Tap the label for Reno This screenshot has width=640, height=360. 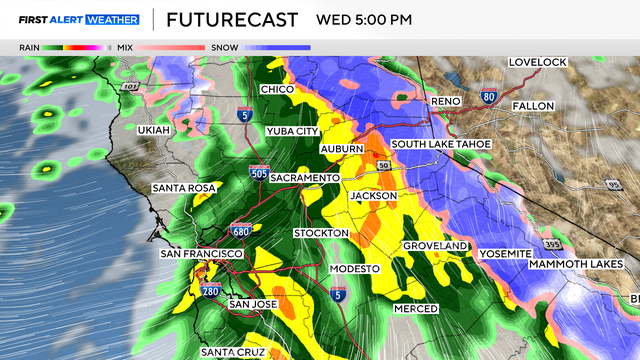(445, 101)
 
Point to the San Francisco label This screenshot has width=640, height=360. (201, 254)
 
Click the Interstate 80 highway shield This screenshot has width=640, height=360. (487, 97)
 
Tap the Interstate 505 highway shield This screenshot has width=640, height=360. (259, 174)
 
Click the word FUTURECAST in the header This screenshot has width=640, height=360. (231, 19)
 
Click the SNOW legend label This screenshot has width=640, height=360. (222, 47)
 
